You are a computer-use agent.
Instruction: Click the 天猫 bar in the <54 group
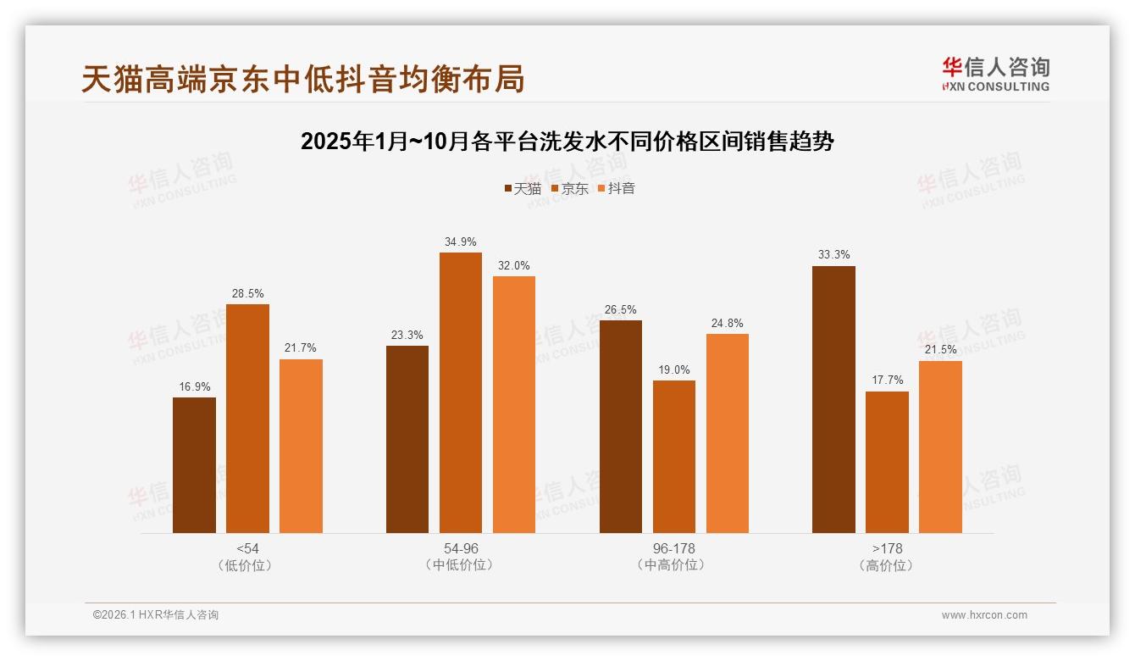(x=194, y=465)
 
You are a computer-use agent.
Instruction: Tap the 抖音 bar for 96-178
(x=727, y=433)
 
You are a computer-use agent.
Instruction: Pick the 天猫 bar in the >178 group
(x=833, y=399)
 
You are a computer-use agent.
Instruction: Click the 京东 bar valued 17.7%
(x=887, y=462)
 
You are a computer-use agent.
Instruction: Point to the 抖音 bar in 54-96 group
(x=513, y=404)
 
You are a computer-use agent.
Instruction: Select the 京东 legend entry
(x=569, y=188)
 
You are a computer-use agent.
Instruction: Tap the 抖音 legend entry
(x=617, y=188)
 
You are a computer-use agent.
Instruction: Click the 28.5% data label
(x=247, y=294)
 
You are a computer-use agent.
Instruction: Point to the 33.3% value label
(x=833, y=255)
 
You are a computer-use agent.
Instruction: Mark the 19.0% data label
(x=673, y=370)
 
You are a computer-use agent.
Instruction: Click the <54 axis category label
(x=247, y=548)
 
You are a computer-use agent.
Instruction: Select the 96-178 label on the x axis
(x=673, y=548)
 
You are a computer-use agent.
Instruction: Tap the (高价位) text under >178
(x=887, y=565)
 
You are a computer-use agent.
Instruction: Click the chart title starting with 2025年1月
(x=567, y=142)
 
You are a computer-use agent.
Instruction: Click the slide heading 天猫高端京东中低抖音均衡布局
(x=303, y=79)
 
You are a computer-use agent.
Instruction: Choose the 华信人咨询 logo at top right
(x=995, y=75)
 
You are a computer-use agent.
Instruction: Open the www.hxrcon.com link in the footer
(x=984, y=615)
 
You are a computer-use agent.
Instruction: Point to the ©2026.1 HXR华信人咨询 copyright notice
(x=156, y=615)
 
